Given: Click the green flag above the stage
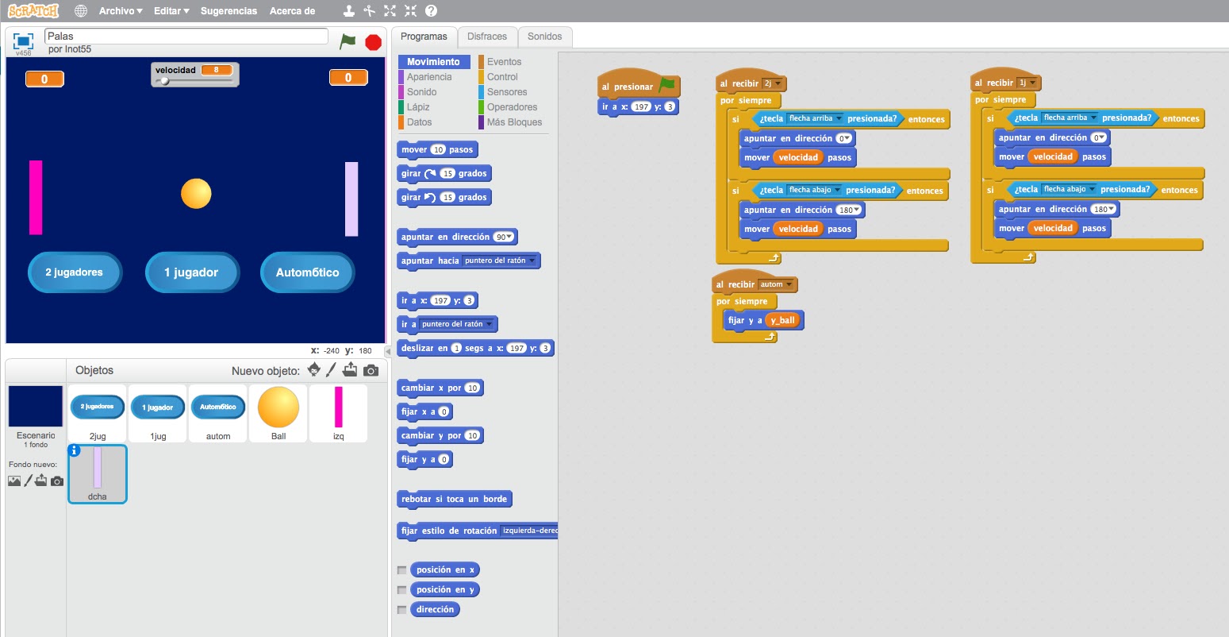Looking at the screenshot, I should (x=348, y=41).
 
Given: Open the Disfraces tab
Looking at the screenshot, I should (x=486, y=37).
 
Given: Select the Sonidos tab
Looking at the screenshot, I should (x=544, y=37).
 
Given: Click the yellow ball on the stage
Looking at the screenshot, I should (x=196, y=193).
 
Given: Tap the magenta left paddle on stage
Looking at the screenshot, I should (x=36, y=197).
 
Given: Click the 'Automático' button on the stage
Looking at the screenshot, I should (x=307, y=272).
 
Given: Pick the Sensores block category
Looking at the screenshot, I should (x=507, y=92).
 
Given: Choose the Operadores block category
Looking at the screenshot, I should (x=512, y=107).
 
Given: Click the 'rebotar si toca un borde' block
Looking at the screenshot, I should (x=455, y=499).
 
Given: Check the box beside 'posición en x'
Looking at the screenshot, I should (x=402, y=570).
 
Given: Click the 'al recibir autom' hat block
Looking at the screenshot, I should (x=735, y=284).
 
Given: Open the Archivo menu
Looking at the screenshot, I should (x=120, y=11).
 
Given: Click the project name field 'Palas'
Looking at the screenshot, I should (x=186, y=36).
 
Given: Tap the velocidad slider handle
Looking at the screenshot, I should (x=164, y=81).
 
